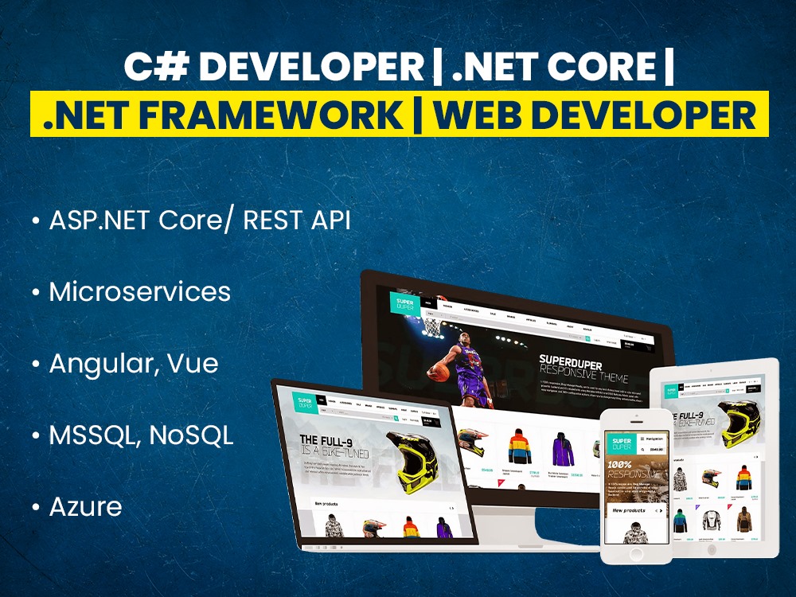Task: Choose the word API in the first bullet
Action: [x=330, y=220]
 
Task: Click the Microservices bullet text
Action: [x=140, y=291]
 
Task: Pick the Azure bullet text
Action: [x=86, y=506]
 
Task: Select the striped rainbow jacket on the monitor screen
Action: [x=518, y=446]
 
